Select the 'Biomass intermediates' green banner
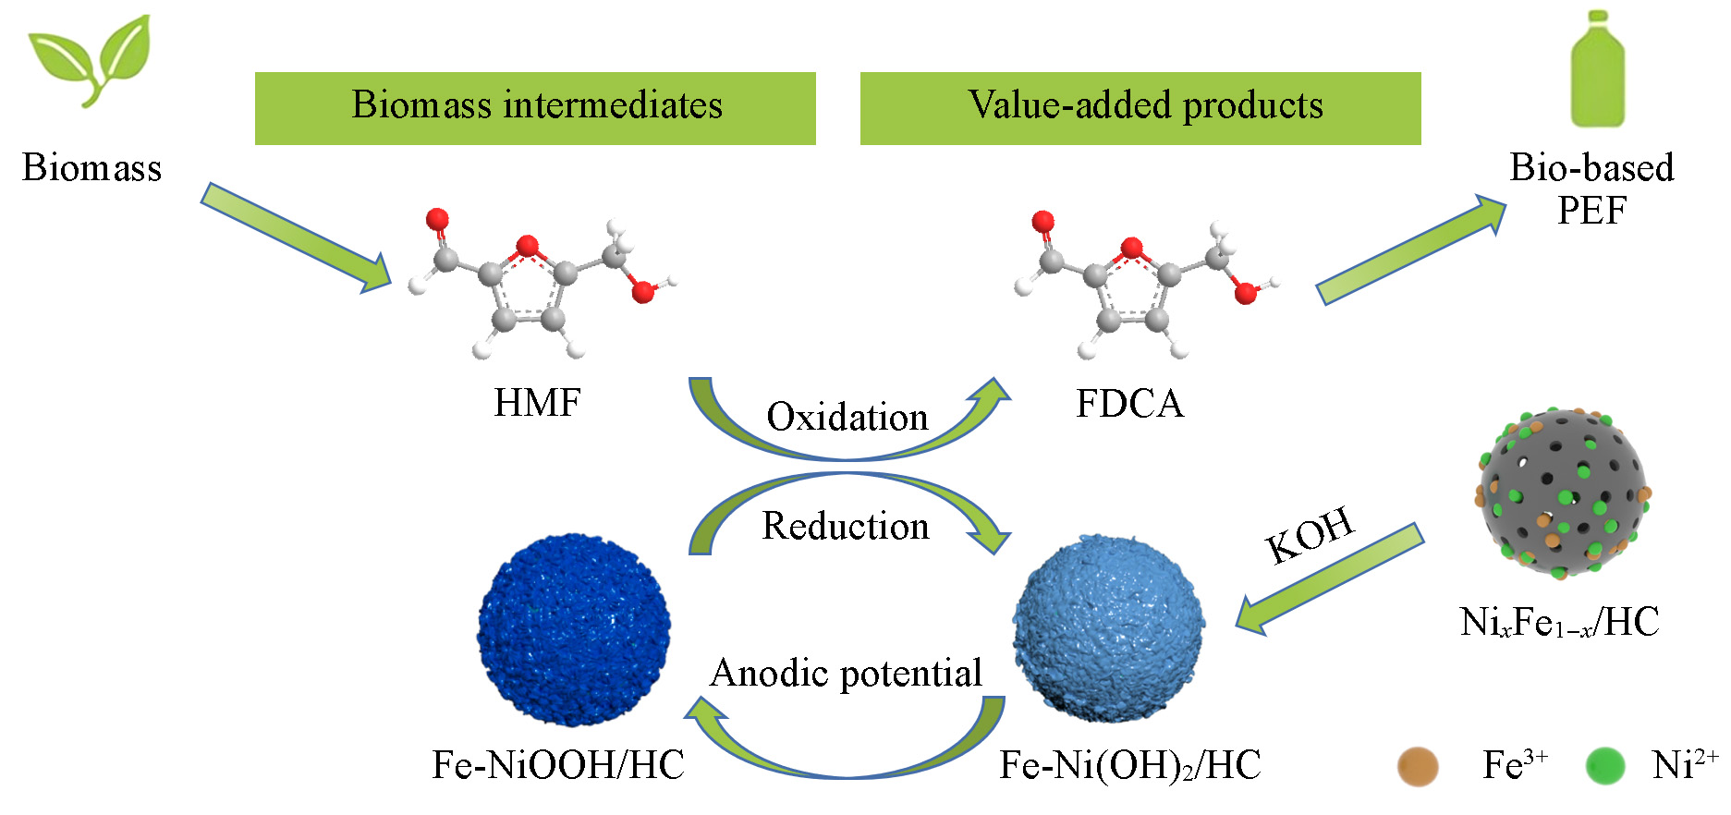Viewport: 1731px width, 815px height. coord(535,108)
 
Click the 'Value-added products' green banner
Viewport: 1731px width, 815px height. coord(1140,108)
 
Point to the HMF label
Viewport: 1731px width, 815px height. coord(537,403)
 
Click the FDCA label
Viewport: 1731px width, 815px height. coord(1129,404)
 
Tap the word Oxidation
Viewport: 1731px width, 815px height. coord(847,417)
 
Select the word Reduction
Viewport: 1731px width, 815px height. coord(846,526)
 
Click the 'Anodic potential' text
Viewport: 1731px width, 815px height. coord(846,673)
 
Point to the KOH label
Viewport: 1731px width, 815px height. coord(1310,535)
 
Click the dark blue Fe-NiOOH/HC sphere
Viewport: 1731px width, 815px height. coord(574,629)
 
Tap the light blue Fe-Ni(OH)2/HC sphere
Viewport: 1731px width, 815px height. coord(1108,628)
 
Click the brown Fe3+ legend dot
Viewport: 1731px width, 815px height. coord(1418,766)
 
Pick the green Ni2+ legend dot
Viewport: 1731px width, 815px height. coord(1604,766)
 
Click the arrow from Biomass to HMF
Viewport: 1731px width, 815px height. coord(296,237)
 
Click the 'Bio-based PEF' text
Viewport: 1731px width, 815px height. coord(1591,189)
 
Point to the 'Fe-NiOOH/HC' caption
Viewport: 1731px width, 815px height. coord(558,765)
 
